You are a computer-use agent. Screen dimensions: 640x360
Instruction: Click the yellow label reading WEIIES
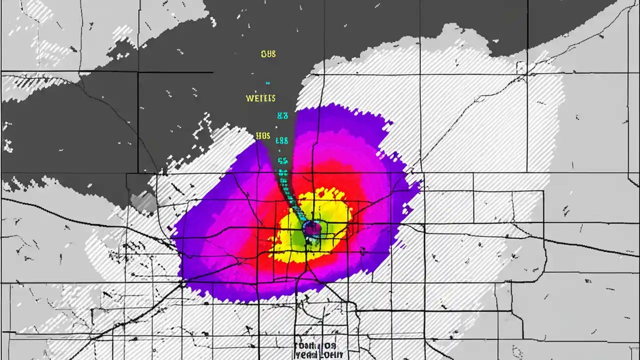coord(260,98)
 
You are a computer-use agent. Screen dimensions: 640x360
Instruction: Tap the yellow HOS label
coord(262,135)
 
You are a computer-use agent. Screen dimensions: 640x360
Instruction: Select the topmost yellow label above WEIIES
coord(268,54)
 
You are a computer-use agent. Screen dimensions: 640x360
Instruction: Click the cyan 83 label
coord(282,116)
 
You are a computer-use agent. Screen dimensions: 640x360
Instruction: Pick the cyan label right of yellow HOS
coord(282,140)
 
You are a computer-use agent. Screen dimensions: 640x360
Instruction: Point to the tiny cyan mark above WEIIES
coord(268,83)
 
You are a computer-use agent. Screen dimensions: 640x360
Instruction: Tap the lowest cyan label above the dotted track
coord(282,161)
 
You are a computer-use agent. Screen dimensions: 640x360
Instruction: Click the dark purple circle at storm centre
coord(312,228)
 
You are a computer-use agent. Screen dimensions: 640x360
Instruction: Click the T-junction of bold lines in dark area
coord(138,72)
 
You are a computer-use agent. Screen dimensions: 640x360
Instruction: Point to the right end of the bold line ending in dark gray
coord(212,72)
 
